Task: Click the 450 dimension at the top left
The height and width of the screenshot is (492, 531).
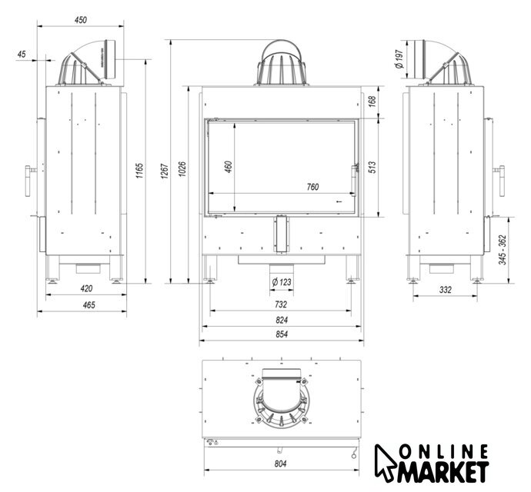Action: coord(81,20)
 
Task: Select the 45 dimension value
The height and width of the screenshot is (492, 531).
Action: coord(22,54)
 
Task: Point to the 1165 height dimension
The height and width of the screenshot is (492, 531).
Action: coord(139,171)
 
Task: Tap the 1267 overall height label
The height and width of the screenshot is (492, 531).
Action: coord(165,171)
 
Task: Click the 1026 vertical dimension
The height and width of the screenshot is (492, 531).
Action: coord(182,169)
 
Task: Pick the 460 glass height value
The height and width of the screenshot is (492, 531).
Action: coord(229,167)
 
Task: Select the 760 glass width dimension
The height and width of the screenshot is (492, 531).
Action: coord(312,187)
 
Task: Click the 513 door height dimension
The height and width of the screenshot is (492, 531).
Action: coord(372,168)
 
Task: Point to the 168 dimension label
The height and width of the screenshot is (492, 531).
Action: coord(372,101)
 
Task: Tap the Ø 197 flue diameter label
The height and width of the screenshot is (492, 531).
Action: coord(399,59)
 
